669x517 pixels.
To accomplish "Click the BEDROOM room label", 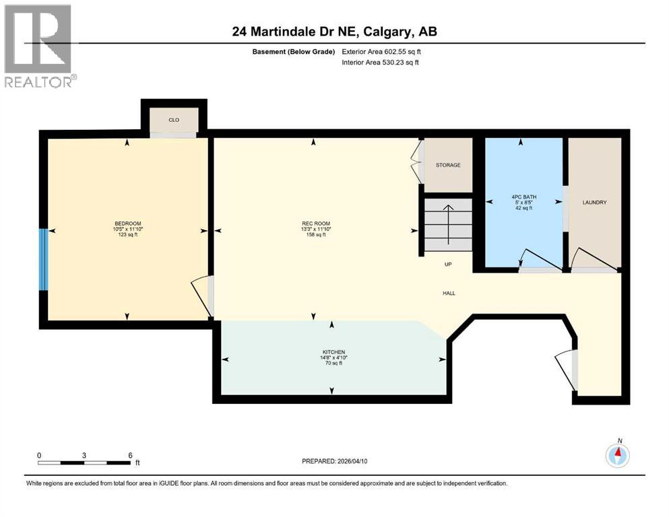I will (x=127, y=223).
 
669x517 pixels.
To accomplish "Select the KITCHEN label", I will (x=333, y=352).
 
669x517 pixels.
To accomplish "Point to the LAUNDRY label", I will (x=595, y=203).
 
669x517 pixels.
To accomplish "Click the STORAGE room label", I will (x=448, y=165).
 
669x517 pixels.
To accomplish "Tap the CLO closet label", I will (x=174, y=120).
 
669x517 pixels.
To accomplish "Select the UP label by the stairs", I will (x=447, y=265).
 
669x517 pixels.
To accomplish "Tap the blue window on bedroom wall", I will (x=44, y=259).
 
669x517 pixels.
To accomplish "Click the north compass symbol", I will (x=616, y=455).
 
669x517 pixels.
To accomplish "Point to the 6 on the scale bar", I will (x=129, y=455).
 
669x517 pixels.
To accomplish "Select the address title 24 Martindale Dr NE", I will (x=334, y=32).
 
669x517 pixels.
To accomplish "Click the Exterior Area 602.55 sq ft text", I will (x=382, y=52).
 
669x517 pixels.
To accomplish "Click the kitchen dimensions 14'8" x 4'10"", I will (x=333, y=357).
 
